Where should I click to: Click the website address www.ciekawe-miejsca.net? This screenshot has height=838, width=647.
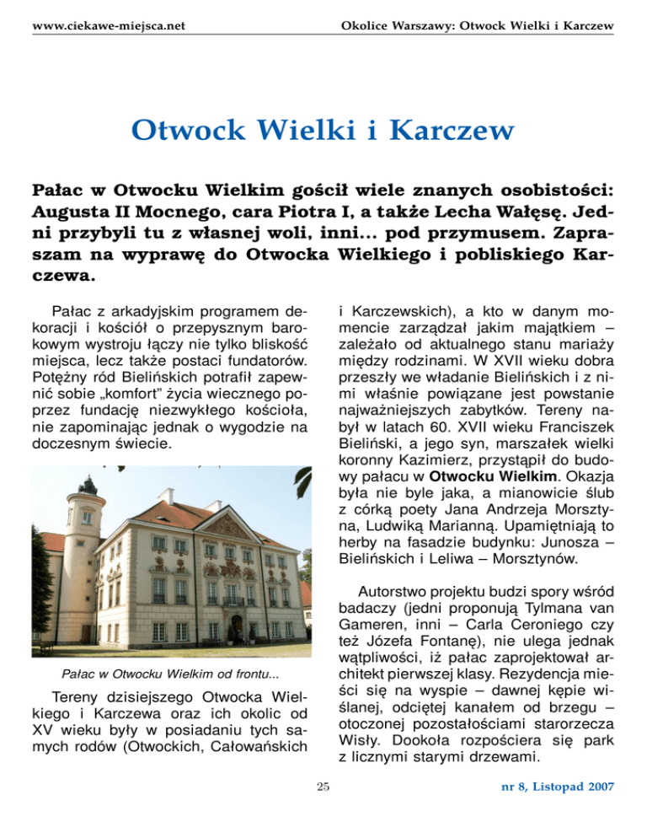[108, 27]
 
